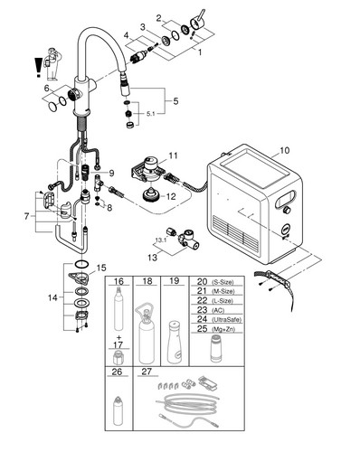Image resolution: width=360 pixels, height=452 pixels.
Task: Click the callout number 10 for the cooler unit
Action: pyautogui.click(x=284, y=150)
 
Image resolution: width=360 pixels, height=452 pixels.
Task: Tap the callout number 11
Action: pyautogui.click(x=173, y=155)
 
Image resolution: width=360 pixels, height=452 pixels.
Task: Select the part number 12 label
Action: pyautogui.click(x=171, y=196)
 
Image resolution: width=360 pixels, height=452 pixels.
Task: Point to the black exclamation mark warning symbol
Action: pyautogui.click(x=38, y=68)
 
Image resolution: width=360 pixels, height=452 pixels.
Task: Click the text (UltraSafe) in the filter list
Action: pyautogui.click(x=227, y=320)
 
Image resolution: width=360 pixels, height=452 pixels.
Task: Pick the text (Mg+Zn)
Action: pyautogui.click(x=223, y=329)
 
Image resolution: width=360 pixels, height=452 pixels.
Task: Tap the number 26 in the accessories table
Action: pyautogui.click(x=117, y=372)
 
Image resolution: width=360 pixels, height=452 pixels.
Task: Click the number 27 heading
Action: pyautogui.click(x=147, y=372)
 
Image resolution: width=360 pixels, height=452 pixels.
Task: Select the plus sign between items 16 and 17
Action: pyautogui.click(x=118, y=337)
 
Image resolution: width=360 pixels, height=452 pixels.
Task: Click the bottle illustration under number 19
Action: pyautogui.click(x=175, y=343)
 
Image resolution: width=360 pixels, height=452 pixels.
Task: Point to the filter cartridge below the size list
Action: pyautogui.click(x=215, y=349)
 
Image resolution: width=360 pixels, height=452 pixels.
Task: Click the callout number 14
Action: pyautogui.click(x=52, y=297)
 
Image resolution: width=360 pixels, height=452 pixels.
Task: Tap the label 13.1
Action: pyautogui.click(x=161, y=240)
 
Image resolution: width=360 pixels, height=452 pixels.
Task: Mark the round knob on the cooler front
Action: pyautogui.click(x=287, y=210)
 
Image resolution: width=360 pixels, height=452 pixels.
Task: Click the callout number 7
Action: pyautogui.click(x=27, y=216)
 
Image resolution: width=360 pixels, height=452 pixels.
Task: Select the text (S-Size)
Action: pyautogui.click(x=223, y=283)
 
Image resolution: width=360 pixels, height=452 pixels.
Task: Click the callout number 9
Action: pyautogui.click(x=111, y=173)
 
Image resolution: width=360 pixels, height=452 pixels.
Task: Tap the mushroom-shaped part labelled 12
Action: pyautogui.click(x=151, y=196)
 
